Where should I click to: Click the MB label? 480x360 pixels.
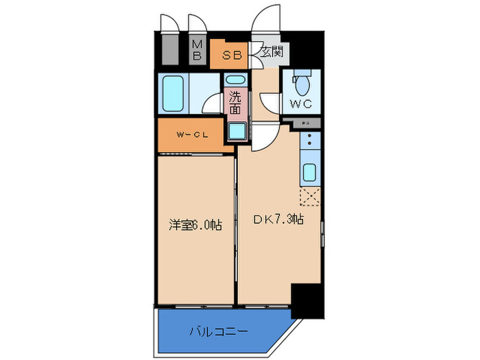[197, 50]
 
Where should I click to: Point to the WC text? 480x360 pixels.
[301, 104]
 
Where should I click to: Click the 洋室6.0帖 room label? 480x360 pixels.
[195, 224]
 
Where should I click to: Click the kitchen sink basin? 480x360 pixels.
[309, 172]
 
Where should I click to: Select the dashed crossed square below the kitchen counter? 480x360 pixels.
[309, 197]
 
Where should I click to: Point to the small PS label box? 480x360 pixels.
[306, 123]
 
